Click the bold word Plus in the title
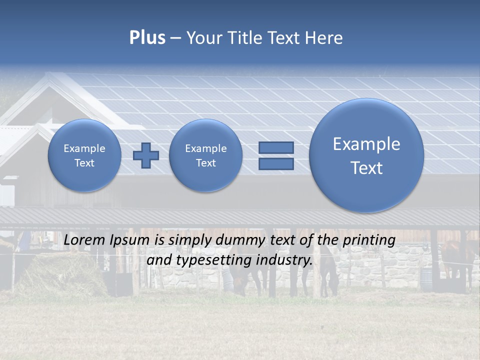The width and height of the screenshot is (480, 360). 147,38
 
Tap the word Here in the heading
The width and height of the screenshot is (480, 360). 325,38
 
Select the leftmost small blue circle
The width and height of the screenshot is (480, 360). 84,155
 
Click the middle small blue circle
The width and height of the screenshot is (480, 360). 206,155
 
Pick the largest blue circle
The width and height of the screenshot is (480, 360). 366,155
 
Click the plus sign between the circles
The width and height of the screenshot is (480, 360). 145,155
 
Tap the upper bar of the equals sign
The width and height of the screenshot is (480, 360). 276,147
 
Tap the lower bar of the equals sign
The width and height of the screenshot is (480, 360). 276,164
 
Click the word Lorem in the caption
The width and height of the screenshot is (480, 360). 84,240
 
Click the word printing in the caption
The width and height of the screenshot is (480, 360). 368,240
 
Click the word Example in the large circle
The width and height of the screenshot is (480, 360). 366,144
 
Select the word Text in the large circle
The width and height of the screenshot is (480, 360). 366,168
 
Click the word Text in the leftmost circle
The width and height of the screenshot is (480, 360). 84,163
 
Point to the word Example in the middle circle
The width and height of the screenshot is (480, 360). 206,148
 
